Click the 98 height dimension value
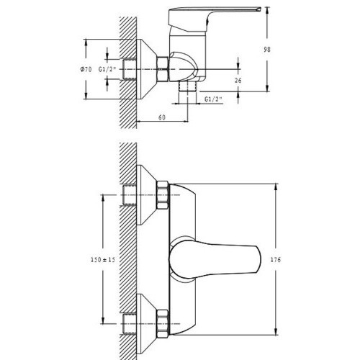click(x=267, y=50)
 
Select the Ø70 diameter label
click(x=86, y=70)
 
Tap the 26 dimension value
click(x=238, y=81)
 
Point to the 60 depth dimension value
click(x=162, y=117)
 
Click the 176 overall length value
click(x=276, y=260)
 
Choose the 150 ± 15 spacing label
click(x=103, y=260)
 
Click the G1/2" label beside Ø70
click(x=107, y=70)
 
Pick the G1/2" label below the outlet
click(x=213, y=99)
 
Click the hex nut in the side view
click(x=163, y=69)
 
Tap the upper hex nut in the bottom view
click(x=163, y=195)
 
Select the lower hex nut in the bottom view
click(x=163, y=324)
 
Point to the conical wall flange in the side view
click(x=146, y=69)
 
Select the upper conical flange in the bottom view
click(x=146, y=195)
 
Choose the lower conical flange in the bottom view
click(x=146, y=324)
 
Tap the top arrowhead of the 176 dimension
click(x=276, y=187)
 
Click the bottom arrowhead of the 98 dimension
click(x=267, y=88)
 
